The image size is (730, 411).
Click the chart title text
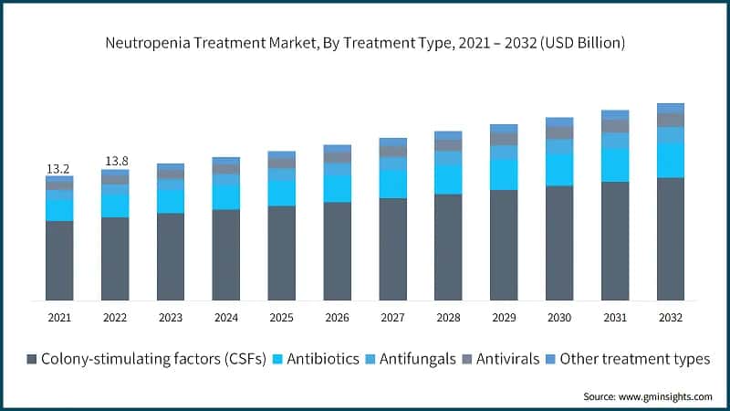click(x=364, y=43)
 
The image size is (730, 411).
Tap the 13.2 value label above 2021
click(x=59, y=169)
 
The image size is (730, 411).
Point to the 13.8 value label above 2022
click(x=115, y=162)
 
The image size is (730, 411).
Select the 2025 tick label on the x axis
click(x=281, y=317)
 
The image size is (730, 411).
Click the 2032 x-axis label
click(x=671, y=317)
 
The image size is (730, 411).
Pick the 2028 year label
click(x=448, y=317)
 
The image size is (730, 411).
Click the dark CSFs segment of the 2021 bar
click(x=59, y=260)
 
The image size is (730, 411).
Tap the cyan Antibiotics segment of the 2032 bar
click(x=671, y=160)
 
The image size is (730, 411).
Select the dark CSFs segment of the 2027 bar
click(x=392, y=248)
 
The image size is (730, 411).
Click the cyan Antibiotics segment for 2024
click(x=226, y=197)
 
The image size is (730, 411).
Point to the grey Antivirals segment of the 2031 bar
click(x=615, y=126)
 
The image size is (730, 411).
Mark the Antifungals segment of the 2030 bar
click(x=559, y=146)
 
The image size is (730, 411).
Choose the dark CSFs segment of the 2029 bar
click(x=504, y=245)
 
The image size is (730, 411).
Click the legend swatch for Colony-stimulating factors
click(x=33, y=359)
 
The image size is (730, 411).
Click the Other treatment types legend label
click(x=634, y=359)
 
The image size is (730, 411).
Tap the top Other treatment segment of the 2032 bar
click(x=671, y=108)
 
